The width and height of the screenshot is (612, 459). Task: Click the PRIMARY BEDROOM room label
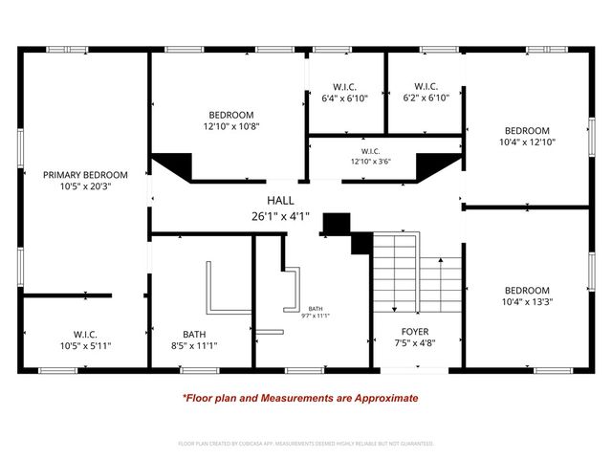coord(85,175)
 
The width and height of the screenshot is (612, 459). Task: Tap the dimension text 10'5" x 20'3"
coord(85,188)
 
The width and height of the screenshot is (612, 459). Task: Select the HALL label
coord(280,200)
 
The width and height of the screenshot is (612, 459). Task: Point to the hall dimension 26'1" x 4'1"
coord(280,215)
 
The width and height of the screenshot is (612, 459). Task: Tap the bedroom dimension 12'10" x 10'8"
coord(230,126)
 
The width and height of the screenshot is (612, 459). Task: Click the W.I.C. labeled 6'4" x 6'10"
coord(345,98)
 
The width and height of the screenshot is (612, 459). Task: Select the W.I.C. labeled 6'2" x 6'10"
coord(426,98)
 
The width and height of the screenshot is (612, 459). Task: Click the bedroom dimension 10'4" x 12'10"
coord(528,142)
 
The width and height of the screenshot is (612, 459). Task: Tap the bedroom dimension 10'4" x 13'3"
coord(528,301)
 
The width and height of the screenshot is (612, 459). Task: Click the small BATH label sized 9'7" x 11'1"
coord(316,313)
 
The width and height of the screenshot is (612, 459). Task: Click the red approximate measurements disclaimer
coord(300,398)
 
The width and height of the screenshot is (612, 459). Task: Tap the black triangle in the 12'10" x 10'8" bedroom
coord(172,164)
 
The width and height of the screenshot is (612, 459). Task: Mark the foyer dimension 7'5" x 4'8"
coord(414,344)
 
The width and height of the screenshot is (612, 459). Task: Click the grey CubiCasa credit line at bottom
coord(306,444)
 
